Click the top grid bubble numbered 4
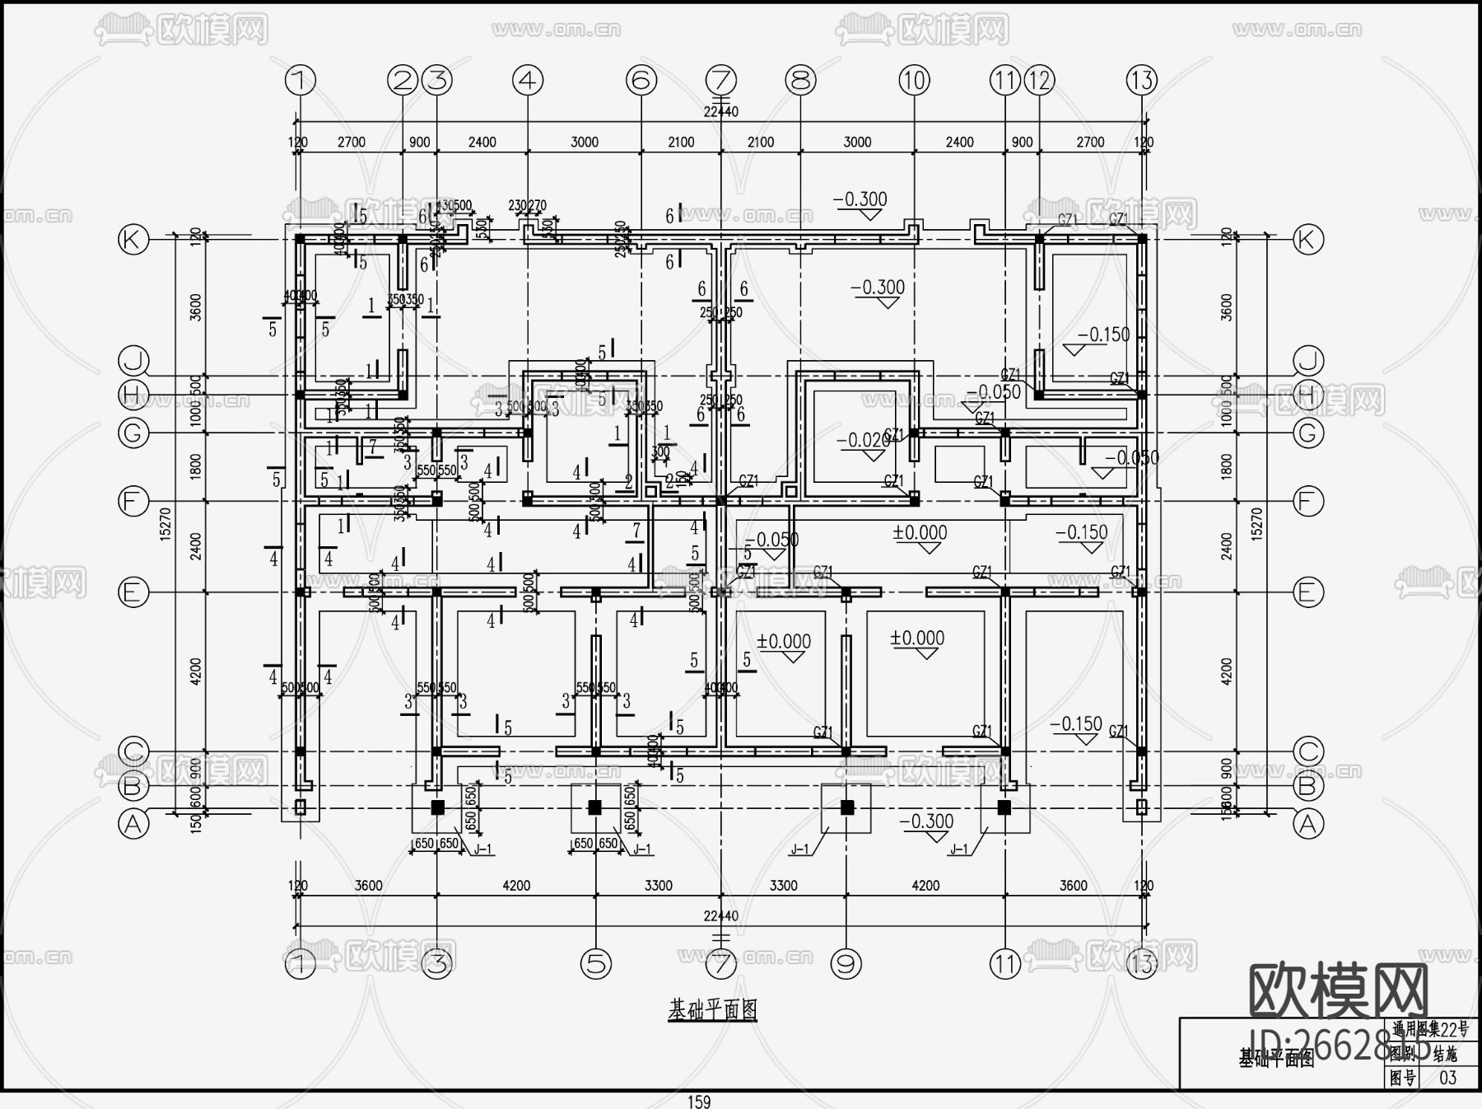tap(528, 80)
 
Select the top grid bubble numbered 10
tap(914, 80)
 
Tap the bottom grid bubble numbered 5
tap(595, 962)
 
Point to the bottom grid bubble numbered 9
tap(846, 962)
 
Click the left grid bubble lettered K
tap(133, 240)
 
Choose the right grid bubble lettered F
tap(1308, 501)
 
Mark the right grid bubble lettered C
tap(1308, 751)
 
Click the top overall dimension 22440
tap(720, 112)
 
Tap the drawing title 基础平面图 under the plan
tap(712, 1009)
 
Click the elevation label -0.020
tap(863, 441)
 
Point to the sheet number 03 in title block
tap(1447, 1078)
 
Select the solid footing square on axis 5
tap(595, 807)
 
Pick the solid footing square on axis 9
tap(846, 807)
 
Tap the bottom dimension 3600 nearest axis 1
tap(368, 886)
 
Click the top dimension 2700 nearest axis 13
tap(1090, 142)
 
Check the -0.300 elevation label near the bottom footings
tap(926, 821)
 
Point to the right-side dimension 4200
tap(1227, 671)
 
